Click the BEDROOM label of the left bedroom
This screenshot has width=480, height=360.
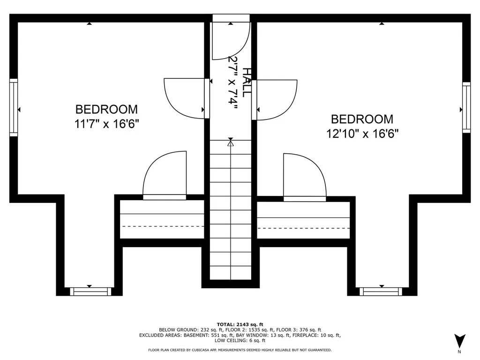tap(106, 109)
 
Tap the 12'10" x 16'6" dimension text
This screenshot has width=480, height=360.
tap(362, 134)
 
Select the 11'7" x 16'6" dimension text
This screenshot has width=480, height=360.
tap(106, 124)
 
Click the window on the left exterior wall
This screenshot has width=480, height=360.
tap(14, 107)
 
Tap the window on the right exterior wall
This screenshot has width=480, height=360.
tap(466, 107)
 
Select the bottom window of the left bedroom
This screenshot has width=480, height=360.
tap(90, 292)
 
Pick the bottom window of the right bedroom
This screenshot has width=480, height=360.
tap(381, 292)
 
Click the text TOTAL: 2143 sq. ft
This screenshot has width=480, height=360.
tap(240, 324)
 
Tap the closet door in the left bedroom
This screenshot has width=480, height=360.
tap(165, 175)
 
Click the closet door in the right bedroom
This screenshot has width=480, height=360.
tap(305, 178)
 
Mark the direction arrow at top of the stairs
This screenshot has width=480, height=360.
tap(231, 142)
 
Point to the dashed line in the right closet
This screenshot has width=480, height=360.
tap(304, 228)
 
